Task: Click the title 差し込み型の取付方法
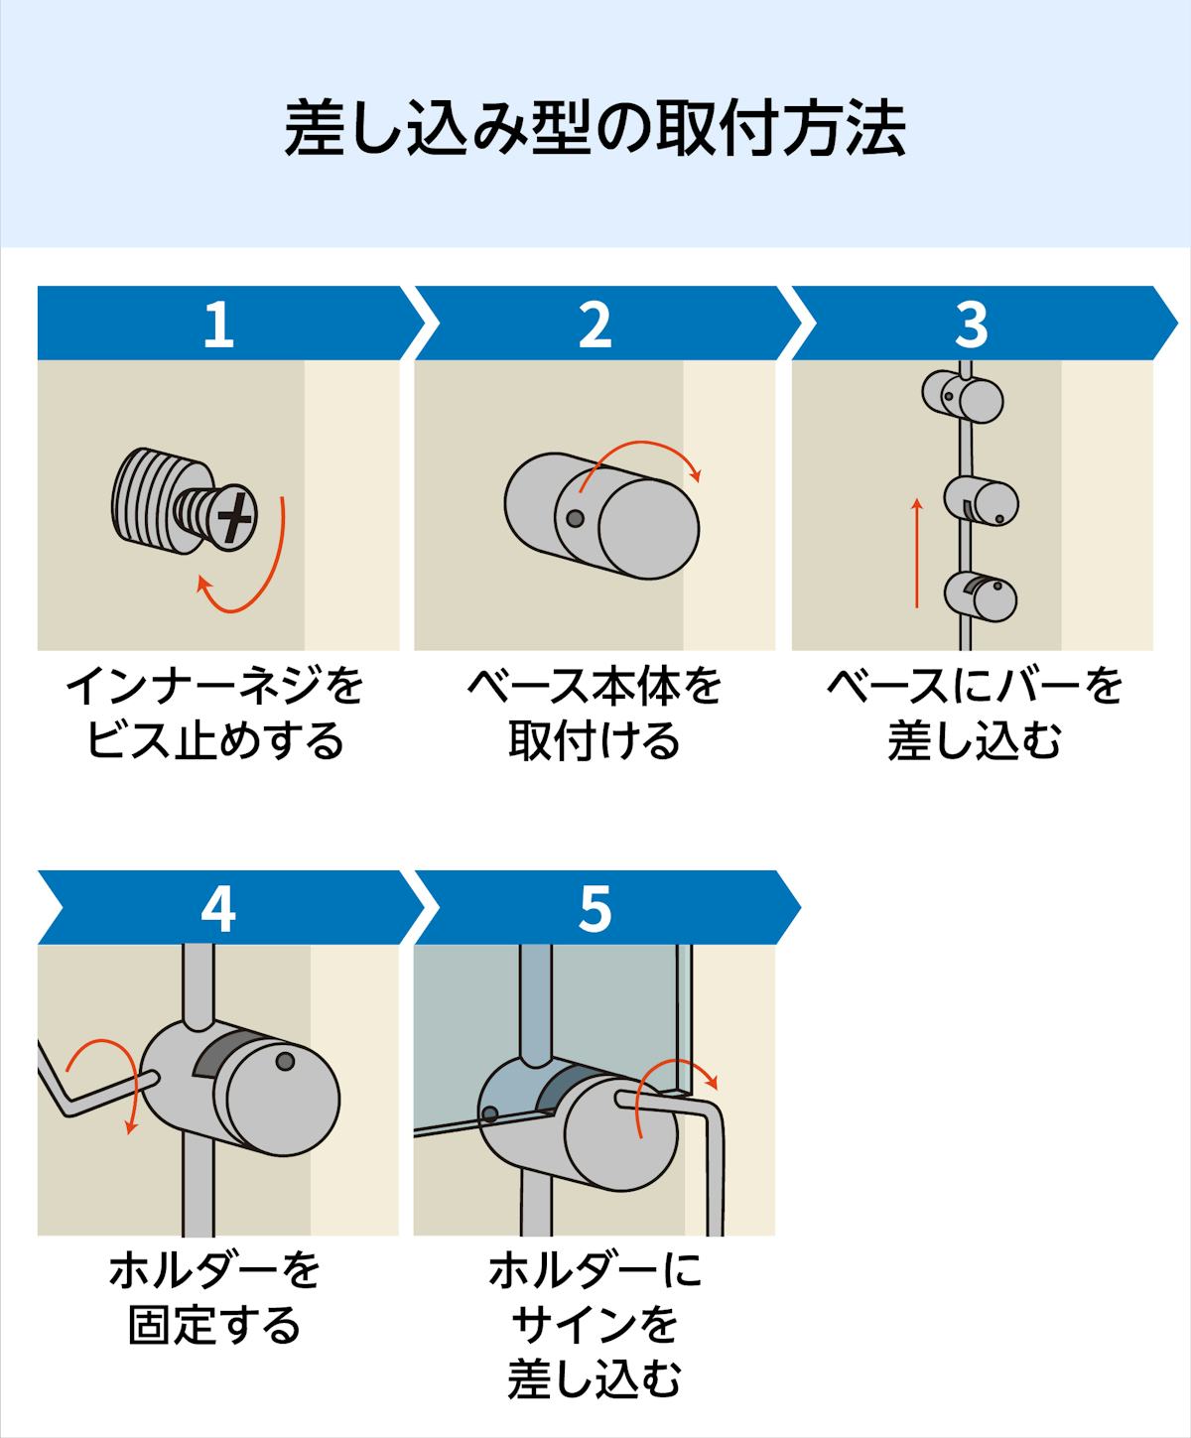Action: point(595,128)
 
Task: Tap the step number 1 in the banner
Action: point(217,324)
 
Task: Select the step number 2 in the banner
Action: point(595,324)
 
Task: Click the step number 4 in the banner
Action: point(217,908)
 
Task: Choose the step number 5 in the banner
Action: point(595,908)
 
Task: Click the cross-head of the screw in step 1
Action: point(236,516)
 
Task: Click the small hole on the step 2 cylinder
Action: point(574,518)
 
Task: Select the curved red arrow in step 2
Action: point(645,455)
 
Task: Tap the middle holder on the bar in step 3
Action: point(981,502)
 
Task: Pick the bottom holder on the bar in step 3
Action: point(981,595)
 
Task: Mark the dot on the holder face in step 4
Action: point(285,1062)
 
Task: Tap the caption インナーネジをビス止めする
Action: point(215,714)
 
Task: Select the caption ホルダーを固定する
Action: point(215,1298)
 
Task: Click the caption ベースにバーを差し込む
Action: point(974,714)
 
